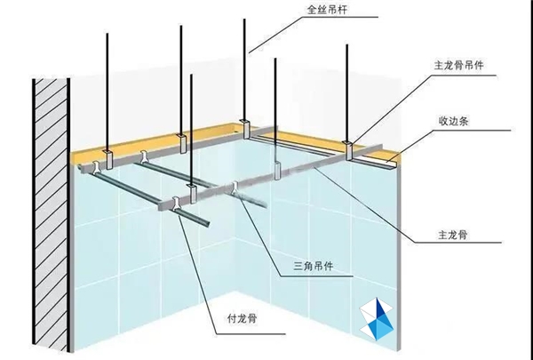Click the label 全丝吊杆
pyautogui.click(x=327, y=10)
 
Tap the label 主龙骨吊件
pyautogui.click(x=458, y=65)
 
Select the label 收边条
pyautogui.click(x=453, y=121)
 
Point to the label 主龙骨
pyautogui.click(x=453, y=235)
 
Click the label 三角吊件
pyautogui.click(x=314, y=266)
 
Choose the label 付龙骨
pyautogui.click(x=242, y=319)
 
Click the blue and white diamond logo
pyautogui.click(x=377, y=319)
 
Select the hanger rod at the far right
pyautogui.click(x=347, y=93)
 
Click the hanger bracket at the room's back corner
pyautogui.click(x=245, y=129)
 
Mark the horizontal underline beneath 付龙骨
pyautogui.click(x=251, y=334)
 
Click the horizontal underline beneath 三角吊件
pyautogui.click(x=316, y=276)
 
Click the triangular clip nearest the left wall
pyautogui.click(x=96, y=167)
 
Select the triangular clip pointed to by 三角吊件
pyautogui.click(x=235, y=188)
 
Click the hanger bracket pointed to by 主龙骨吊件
pyautogui.click(x=349, y=150)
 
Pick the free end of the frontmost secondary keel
pyautogui.click(x=207, y=223)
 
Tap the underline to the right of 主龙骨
pyautogui.click(x=458, y=243)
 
